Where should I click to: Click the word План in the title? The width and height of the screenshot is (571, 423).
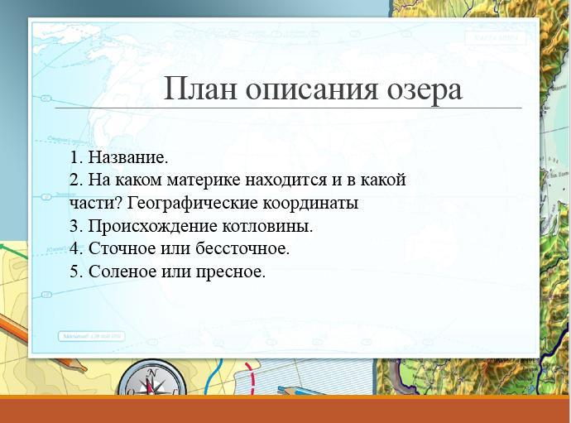pyautogui.click(x=200, y=89)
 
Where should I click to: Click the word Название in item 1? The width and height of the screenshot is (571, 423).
pyautogui.click(x=127, y=157)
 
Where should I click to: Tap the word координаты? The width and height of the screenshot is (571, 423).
pyautogui.click(x=310, y=204)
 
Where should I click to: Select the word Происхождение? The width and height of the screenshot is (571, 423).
pyautogui.click(x=152, y=226)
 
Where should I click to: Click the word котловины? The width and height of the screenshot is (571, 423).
pyautogui.click(x=267, y=226)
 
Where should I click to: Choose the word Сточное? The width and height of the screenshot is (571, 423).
pyautogui.click(x=122, y=248)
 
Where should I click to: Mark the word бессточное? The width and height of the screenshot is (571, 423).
pyautogui.click(x=242, y=248)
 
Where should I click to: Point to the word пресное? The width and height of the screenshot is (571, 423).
pyautogui.click(x=230, y=272)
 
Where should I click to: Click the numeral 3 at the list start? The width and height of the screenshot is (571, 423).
pyautogui.click(x=74, y=226)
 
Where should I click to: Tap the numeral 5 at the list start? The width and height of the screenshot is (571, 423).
pyautogui.click(x=74, y=272)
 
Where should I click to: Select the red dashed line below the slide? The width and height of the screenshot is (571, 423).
pyautogui.click(x=250, y=377)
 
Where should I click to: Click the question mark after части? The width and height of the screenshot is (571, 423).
pyautogui.click(x=121, y=203)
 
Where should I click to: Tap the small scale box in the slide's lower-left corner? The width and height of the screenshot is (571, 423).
pyautogui.click(x=91, y=336)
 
